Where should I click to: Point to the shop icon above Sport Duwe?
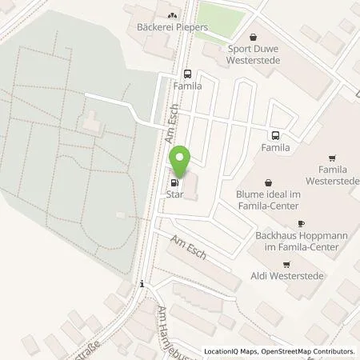click(254, 36)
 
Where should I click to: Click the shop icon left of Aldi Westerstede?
click(286, 264)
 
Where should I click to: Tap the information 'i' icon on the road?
click(142, 283)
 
